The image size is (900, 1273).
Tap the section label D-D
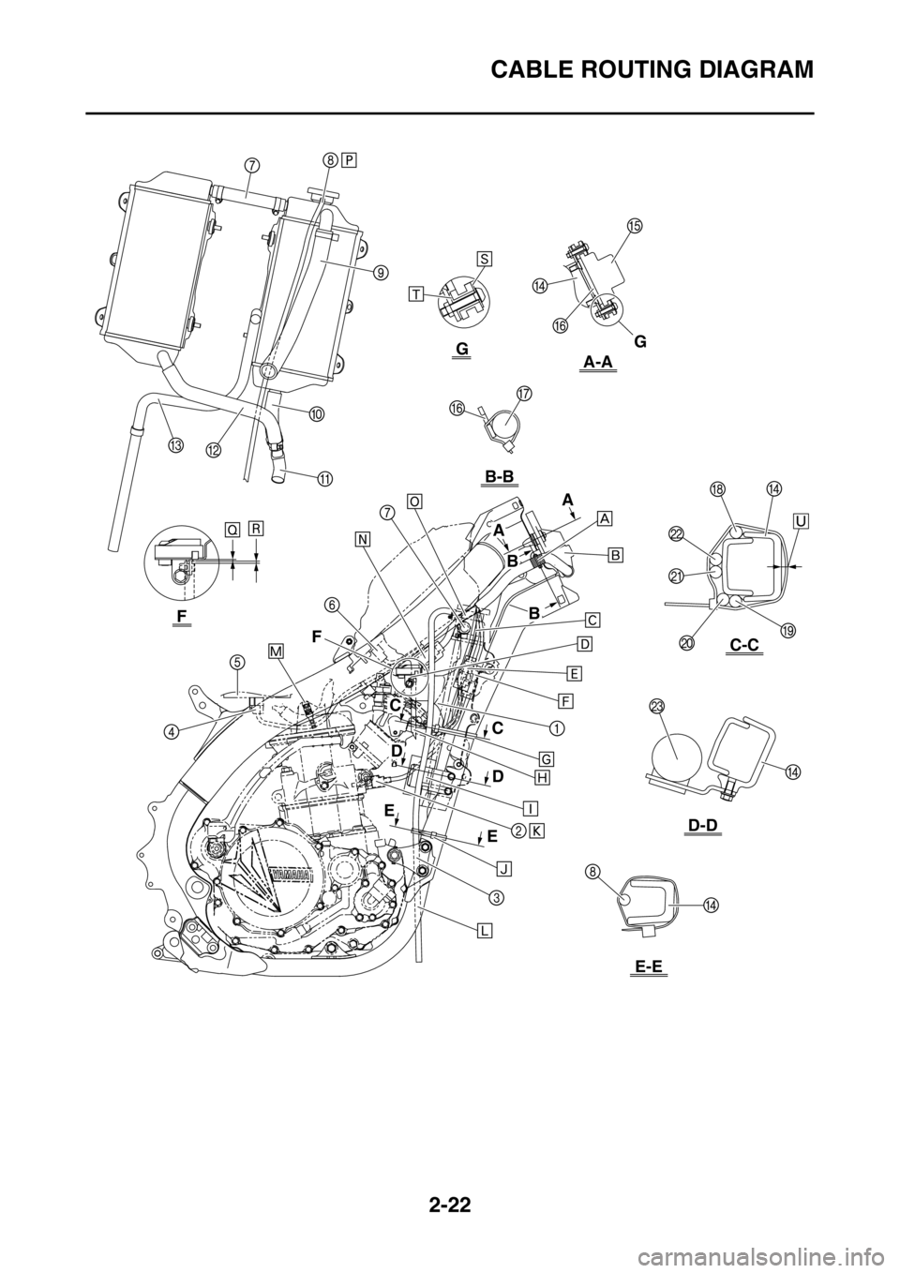[x=703, y=825]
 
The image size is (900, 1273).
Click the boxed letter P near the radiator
[x=349, y=159]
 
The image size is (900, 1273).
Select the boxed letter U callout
[x=802, y=519]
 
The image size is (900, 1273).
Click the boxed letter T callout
[x=416, y=293]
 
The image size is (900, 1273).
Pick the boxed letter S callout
[x=485, y=257]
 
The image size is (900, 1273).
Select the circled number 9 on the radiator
[x=381, y=273]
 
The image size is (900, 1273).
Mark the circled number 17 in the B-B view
[x=523, y=393]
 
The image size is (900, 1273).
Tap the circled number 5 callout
[x=237, y=662]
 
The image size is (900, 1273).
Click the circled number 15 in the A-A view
[x=634, y=226]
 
